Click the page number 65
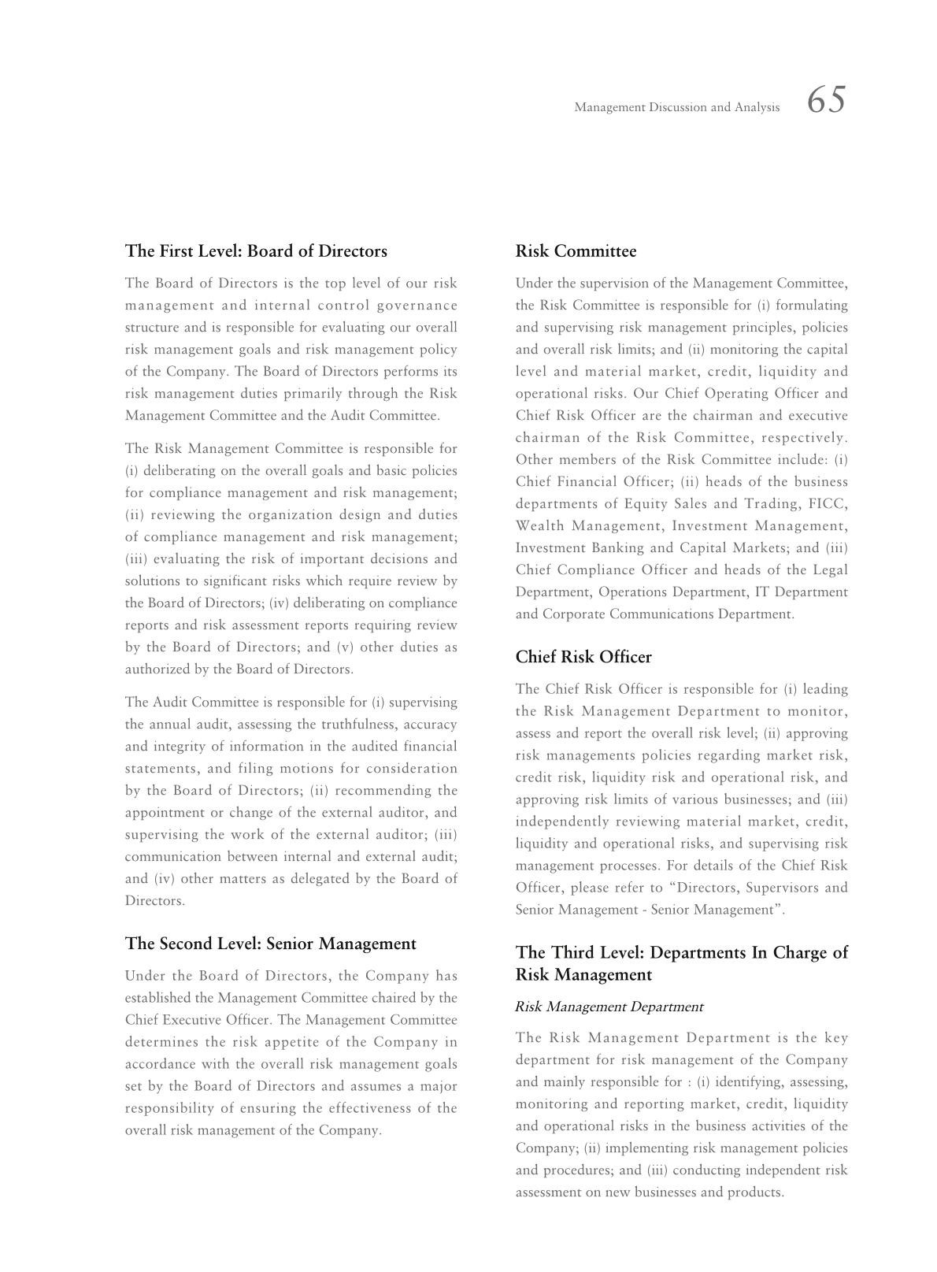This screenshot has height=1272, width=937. click(826, 101)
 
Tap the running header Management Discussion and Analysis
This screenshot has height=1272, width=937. click(676, 107)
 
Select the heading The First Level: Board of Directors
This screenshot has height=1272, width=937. click(256, 251)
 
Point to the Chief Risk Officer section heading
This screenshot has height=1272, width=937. click(583, 657)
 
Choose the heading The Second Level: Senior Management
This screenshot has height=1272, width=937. click(270, 944)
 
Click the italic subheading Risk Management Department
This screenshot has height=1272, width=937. click(609, 1007)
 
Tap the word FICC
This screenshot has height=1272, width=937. click(828, 504)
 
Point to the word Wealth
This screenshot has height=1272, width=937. click(539, 526)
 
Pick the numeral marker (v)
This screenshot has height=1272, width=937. click(343, 647)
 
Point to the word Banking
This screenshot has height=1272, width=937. click(614, 548)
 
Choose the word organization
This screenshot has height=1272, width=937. click(287, 515)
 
